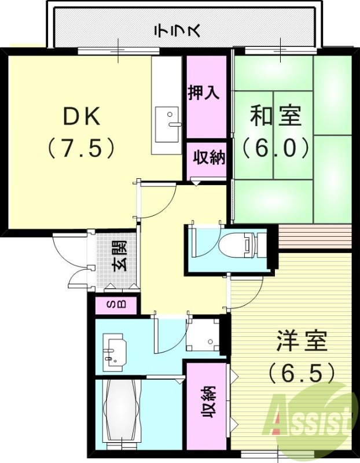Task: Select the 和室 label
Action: coord(275,116)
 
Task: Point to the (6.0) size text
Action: coord(275,148)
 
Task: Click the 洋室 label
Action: coord(302,341)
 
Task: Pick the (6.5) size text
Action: coord(302,372)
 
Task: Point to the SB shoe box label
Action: coord(113,305)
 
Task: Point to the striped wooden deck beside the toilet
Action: coord(315,237)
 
